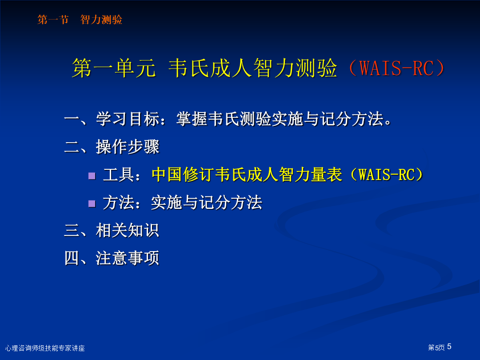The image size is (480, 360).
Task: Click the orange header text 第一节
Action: coord(53,20)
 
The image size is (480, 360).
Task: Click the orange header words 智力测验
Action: coord(101,20)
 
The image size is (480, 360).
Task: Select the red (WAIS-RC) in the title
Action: coord(397,68)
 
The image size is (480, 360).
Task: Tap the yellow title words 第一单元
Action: coord(114,68)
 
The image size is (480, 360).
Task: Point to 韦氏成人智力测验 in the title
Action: coord(253,68)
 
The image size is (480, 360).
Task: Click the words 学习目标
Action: coord(128,119)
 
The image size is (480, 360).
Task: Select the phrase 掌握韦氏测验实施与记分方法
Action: coord(280,119)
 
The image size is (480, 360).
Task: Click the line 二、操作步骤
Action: coord(112,147)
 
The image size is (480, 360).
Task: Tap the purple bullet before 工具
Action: coord(92,176)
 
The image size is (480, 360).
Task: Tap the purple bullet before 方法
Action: coord(92,204)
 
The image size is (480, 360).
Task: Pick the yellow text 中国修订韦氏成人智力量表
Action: coord(247,175)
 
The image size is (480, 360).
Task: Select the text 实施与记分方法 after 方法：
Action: coord(207,203)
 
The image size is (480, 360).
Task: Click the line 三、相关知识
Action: coord(112,230)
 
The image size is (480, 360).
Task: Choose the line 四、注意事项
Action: coord(112,258)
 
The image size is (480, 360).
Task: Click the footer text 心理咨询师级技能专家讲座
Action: coord(45,348)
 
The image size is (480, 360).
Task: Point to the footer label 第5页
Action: coord(436,348)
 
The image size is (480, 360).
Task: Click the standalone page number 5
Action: coord(449,347)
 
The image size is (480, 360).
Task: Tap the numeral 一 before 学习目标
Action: coord(72,120)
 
